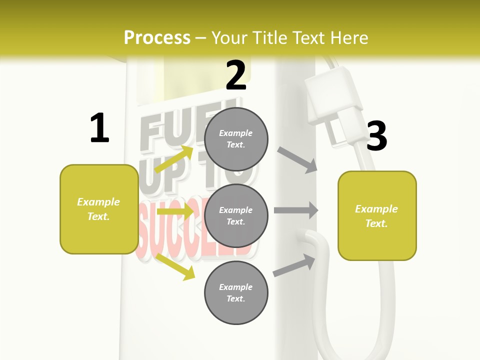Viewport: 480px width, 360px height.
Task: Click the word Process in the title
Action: pyautogui.click(x=157, y=37)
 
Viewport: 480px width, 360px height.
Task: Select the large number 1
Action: pyautogui.click(x=99, y=128)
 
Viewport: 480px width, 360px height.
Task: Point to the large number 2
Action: pyautogui.click(x=236, y=75)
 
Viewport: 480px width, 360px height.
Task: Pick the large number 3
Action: pyautogui.click(x=376, y=136)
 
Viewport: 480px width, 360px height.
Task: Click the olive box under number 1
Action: pyautogui.click(x=99, y=209)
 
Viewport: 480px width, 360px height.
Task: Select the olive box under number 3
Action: pyautogui.click(x=377, y=216)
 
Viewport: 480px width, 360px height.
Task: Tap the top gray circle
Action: pyautogui.click(x=236, y=139)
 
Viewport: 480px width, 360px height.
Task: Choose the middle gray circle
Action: pyautogui.click(x=236, y=216)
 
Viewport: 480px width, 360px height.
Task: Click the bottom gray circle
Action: pyautogui.click(x=236, y=293)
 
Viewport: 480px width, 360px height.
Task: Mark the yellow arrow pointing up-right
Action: pyautogui.click(x=174, y=159)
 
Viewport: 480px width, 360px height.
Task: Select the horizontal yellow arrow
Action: pyautogui.click(x=174, y=211)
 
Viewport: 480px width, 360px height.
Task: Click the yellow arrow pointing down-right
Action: pyautogui.click(x=175, y=266)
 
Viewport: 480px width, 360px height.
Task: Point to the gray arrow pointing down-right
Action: pyautogui.click(x=297, y=160)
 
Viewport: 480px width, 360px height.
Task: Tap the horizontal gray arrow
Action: pyautogui.click(x=296, y=210)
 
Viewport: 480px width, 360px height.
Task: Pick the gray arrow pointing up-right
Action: pyautogui.click(x=294, y=265)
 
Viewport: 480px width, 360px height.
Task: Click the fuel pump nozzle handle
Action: pyautogui.click(x=332, y=95)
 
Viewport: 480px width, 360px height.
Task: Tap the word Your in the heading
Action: pyautogui.click(x=231, y=37)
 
